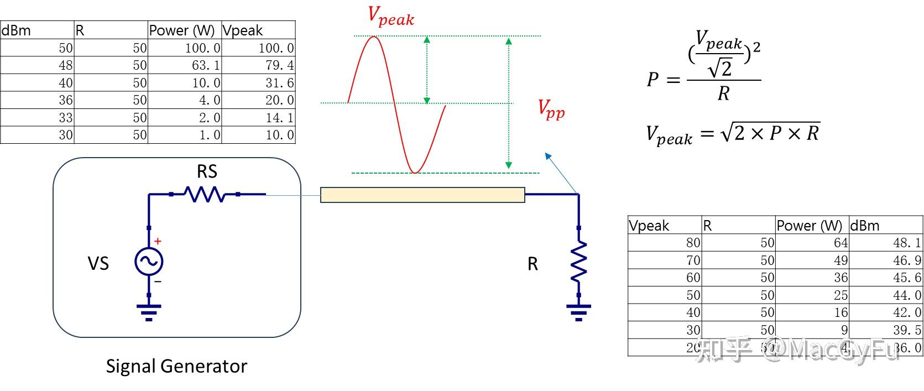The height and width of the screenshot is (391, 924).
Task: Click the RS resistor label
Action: tap(207, 171)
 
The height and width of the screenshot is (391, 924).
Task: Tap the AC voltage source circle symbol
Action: tap(149, 262)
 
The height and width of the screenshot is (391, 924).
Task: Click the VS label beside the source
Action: tap(98, 264)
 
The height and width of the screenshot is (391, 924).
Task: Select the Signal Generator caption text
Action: tap(176, 366)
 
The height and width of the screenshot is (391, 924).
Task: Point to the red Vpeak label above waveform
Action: tap(390, 16)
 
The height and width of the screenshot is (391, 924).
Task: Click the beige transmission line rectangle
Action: tap(422, 195)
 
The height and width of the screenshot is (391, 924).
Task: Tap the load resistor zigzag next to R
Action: tap(579, 262)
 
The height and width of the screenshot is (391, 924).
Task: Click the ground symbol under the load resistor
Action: tap(578, 312)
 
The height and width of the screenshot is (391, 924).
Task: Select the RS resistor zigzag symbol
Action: tap(205, 194)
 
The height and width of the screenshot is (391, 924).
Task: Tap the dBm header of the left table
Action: tap(17, 30)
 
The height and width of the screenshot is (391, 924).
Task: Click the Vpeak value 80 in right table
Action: tap(693, 243)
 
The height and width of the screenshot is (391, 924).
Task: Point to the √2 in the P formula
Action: tap(720, 68)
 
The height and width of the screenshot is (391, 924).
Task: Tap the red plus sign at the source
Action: tap(158, 241)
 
